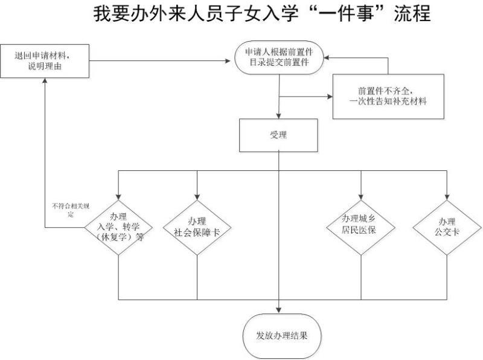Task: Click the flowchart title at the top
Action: pyautogui.click(x=262, y=14)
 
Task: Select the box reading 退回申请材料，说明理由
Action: pyautogui.click(x=46, y=60)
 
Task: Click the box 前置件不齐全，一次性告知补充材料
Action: pyautogui.click(x=388, y=97)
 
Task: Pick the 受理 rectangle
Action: pyautogui.click(x=278, y=135)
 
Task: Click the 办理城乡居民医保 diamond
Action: pyautogui.click(x=361, y=224)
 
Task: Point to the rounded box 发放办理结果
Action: pyautogui.click(x=278, y=336)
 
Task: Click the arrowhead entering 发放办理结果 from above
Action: pyautogui.click(x=278, y=310)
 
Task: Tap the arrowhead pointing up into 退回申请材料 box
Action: pyautogui.click(x=46, y=82)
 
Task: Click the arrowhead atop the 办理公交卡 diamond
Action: pyautogui.click(x=447, y=195)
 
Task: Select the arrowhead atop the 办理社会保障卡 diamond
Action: pyautogui.click(x=197, y=195)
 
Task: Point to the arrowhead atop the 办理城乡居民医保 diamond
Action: pyautogui.click(x=361, y=195)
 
